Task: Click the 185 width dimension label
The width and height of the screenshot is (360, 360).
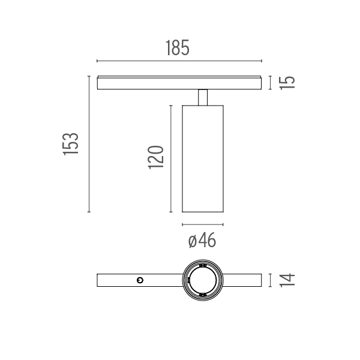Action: tap(178, 48)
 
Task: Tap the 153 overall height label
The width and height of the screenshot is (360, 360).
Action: tap(71, 144)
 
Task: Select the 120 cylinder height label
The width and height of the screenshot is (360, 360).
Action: tap(156, 157)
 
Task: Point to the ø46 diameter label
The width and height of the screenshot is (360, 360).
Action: tap(202, 240)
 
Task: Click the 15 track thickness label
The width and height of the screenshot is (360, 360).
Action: tap(287, 83)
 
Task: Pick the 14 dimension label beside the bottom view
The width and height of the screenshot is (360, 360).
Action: tap(287, 280)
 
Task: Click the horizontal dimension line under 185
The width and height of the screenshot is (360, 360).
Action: tap(179, 61)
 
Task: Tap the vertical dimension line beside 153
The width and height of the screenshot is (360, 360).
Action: tap(89, 144)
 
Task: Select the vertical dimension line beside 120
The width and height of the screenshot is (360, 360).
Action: tap(171, 158)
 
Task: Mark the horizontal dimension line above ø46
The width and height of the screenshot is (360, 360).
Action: tap(203, 224)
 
